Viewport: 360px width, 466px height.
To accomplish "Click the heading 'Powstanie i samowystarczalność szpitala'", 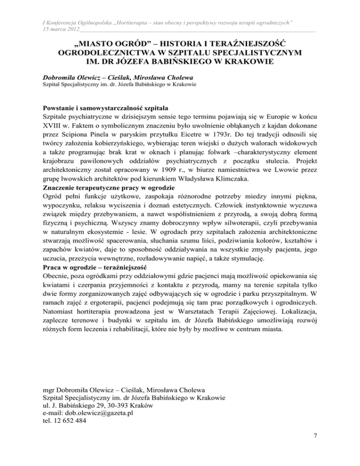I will (x=106, y=115).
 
